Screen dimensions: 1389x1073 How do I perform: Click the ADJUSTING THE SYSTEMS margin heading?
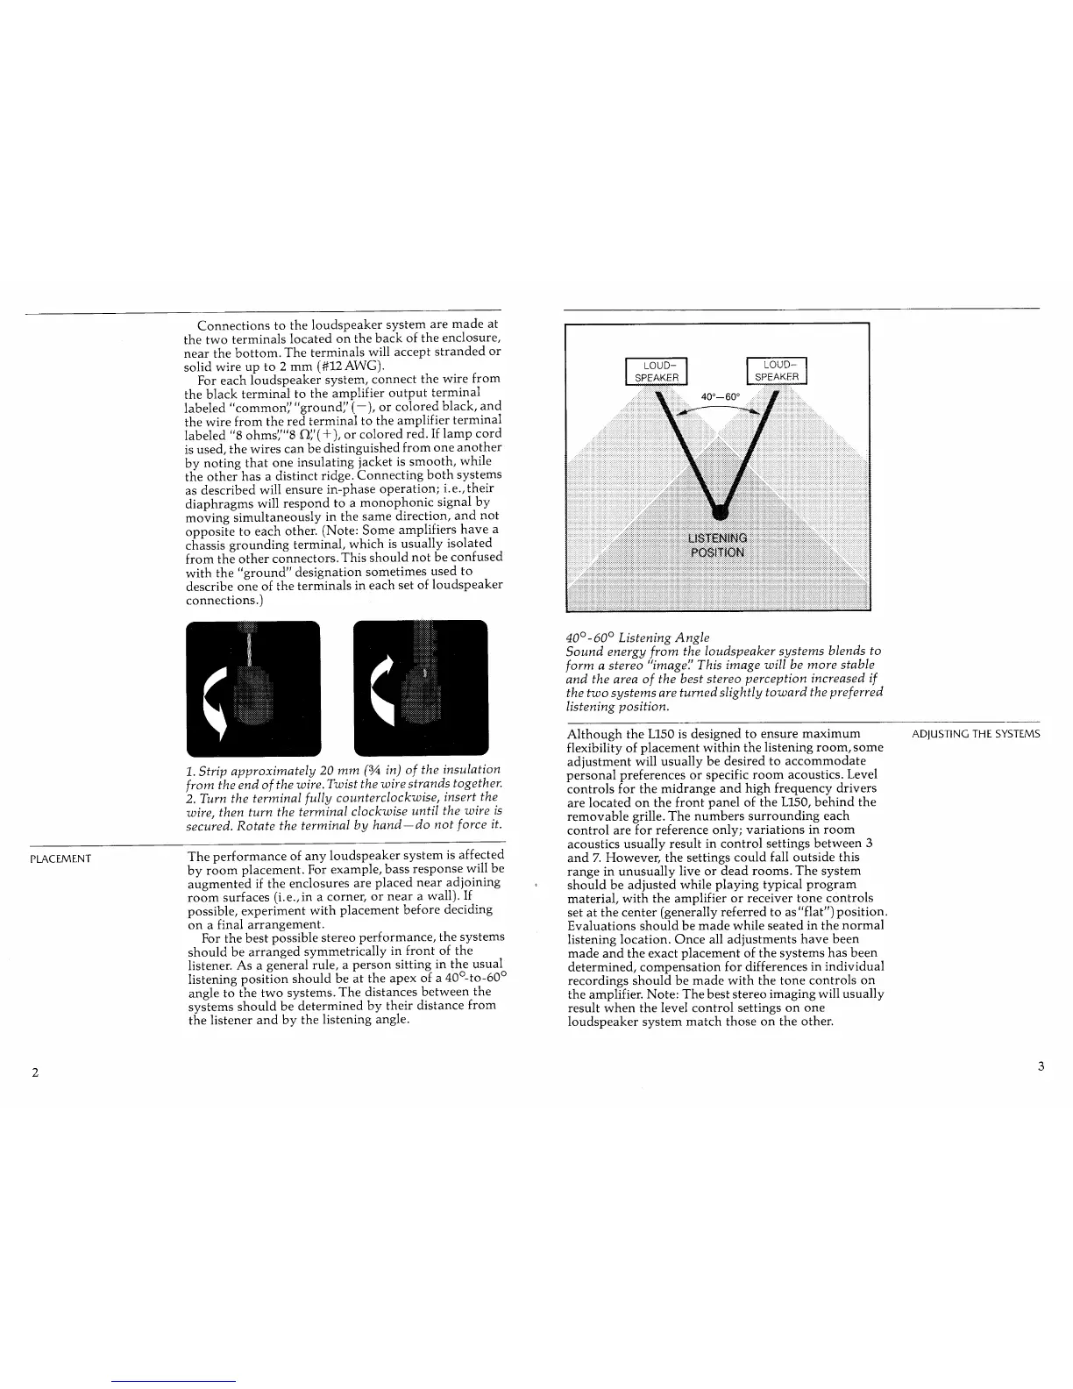976,734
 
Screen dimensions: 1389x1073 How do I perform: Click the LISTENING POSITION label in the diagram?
717,545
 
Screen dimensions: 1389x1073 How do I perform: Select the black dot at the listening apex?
720,509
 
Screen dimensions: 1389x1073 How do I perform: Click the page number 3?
1040,1066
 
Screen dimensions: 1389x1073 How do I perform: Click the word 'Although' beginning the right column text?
594,734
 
